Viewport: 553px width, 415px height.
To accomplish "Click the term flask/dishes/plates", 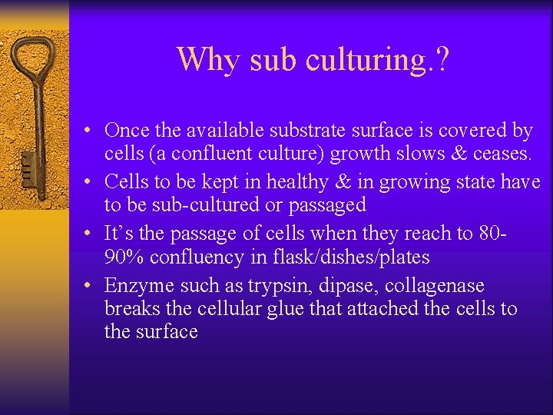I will [353, 256].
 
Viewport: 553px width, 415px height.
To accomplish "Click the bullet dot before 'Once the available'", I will [90, 131].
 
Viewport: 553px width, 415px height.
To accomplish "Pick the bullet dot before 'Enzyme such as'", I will [90, 286].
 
